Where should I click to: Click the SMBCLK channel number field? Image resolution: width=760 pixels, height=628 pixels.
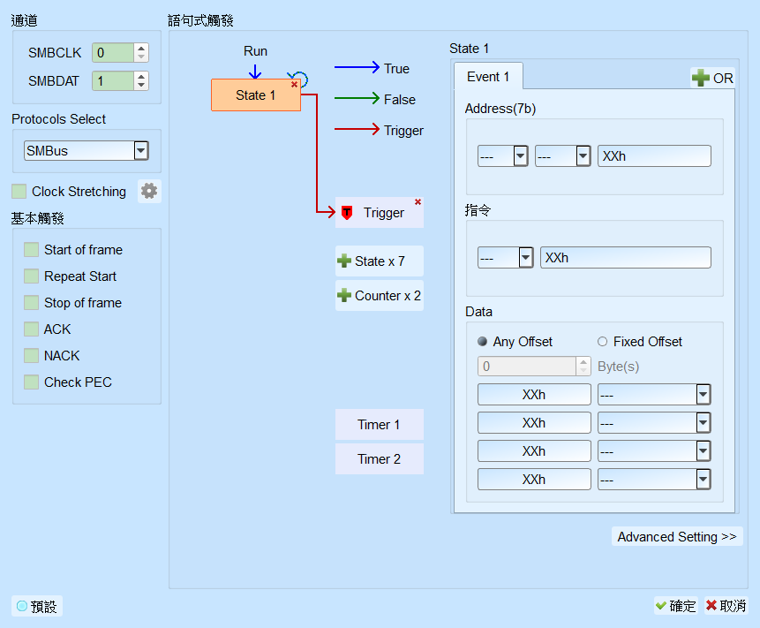(112, 52)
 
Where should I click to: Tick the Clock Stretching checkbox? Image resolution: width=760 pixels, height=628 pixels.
(19, 191)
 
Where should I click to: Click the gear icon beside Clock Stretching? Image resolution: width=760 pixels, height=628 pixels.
(149, 191)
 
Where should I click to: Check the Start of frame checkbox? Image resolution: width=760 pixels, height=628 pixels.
(32, 250)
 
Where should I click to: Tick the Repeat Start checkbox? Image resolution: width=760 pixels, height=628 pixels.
(32, 276)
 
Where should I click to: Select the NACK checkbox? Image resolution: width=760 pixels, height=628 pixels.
(32, 355)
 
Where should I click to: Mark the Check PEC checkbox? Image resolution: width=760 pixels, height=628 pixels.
(32, 382)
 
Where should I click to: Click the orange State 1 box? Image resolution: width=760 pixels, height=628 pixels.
(255, 95)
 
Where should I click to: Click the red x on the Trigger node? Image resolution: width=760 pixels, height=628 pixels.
(418, 201)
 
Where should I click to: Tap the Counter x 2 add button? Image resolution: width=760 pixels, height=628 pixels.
(379, 295)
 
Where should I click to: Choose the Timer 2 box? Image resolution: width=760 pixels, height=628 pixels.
(379, 458)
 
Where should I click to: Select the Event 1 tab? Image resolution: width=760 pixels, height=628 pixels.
(488, 77)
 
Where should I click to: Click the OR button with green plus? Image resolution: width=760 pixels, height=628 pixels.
(712, 78)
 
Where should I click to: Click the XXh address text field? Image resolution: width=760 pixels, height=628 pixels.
(654, 156)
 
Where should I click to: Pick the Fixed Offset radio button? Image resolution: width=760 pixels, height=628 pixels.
(603, 342)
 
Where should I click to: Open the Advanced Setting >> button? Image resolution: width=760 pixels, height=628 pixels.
(677, 536)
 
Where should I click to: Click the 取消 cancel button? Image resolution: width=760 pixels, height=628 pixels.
(726, 606)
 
